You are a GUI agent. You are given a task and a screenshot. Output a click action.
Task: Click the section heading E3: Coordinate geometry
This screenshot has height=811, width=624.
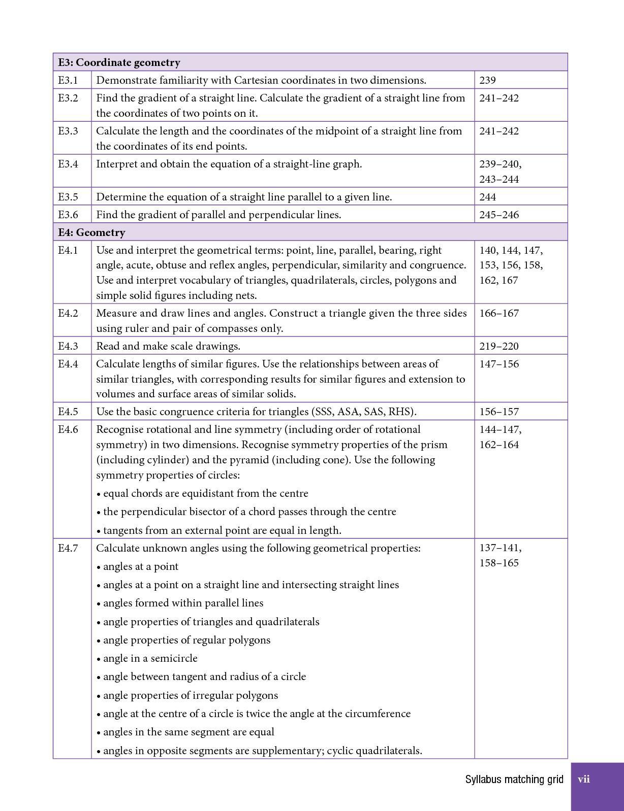pos(119,62)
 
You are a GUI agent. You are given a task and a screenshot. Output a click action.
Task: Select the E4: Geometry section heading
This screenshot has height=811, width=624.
pos(91,232)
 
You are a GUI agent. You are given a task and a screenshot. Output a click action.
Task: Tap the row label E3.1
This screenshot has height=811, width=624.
pos(68,80)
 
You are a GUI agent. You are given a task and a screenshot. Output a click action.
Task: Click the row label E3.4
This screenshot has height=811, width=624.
pos(68,164)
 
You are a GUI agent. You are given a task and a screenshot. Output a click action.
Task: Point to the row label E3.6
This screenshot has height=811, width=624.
pos(68,215)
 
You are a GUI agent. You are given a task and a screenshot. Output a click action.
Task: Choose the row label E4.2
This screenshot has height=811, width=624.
pos(68,313)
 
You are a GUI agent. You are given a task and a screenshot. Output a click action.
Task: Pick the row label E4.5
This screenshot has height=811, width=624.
pos(68,412)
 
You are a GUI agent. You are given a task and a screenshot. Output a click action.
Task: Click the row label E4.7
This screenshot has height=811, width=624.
pos(68,548)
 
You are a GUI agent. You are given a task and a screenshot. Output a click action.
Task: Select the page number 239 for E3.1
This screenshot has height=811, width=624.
pos(487,80)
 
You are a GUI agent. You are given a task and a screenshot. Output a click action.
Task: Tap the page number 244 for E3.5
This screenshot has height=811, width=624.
pos(487,197)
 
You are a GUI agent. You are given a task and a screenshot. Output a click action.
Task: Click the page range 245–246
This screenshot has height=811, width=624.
pos(499,215)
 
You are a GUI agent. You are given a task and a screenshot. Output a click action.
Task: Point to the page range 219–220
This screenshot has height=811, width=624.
pos(499,346)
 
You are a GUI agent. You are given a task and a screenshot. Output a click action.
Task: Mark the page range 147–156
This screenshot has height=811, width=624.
pos(499,364)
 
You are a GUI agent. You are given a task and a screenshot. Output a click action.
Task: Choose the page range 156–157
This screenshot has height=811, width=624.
pos(499,412)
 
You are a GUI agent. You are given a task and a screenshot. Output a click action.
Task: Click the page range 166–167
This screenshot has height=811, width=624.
pos(499,313)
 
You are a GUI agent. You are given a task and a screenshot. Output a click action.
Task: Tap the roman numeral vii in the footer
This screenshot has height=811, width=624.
pos(584,780)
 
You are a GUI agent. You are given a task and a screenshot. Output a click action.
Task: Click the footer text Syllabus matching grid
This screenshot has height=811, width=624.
pos(514,780)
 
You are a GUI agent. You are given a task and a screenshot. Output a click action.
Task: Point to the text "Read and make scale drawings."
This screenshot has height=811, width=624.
pos(168,346)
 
